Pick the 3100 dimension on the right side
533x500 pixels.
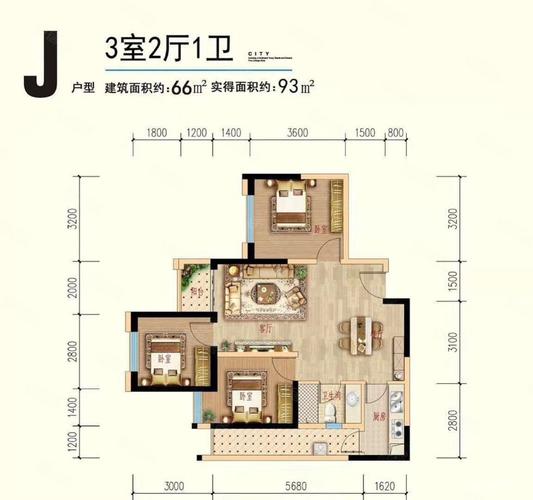pos(453,345)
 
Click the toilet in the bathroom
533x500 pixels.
pos(341,414)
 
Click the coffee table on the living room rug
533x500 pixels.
pos(267,293)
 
